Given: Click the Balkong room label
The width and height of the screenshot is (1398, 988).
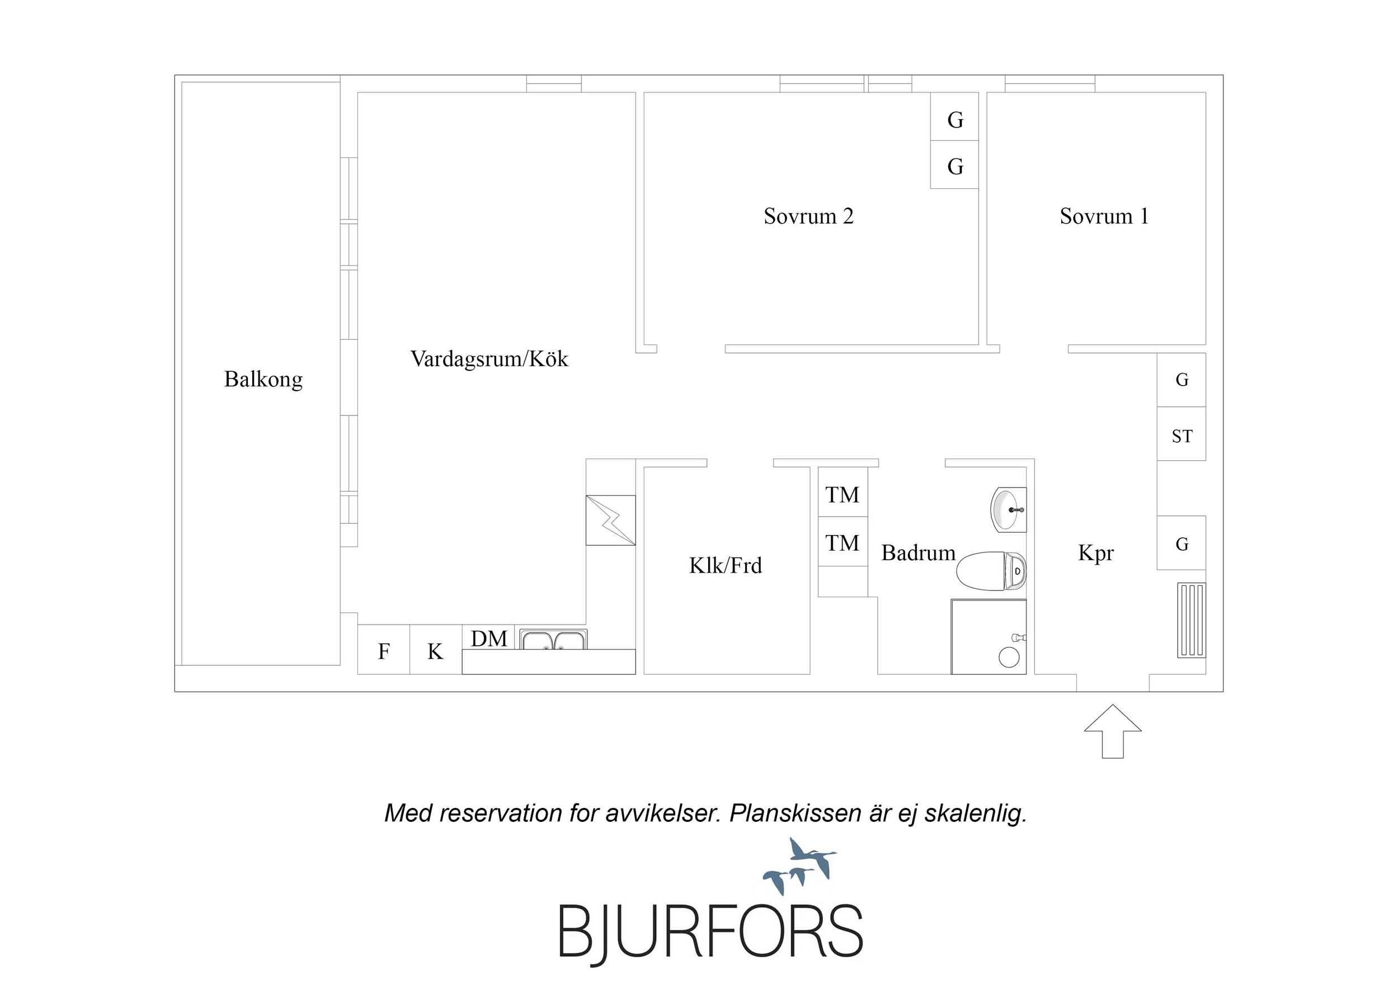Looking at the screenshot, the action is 263,380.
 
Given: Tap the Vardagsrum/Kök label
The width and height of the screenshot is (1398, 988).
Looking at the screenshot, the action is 489,359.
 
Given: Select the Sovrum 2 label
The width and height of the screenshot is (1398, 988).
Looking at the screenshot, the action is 808,216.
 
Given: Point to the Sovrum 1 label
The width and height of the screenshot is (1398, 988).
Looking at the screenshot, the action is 1104,216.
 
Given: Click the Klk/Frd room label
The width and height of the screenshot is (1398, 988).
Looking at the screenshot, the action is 725,565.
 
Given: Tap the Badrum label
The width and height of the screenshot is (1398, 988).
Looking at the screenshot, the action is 918,553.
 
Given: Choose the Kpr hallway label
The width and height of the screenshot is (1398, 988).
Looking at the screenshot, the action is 1096,554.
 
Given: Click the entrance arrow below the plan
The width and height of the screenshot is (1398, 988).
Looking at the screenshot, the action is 1113,731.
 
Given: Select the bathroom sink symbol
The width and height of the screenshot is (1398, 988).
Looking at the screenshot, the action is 1008,509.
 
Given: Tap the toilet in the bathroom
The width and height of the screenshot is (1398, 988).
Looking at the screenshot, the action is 991,571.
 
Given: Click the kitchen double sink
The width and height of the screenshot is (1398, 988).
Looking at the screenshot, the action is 553,639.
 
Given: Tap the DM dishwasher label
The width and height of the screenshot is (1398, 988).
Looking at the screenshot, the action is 489,639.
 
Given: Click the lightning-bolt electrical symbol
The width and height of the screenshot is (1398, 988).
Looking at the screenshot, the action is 611,521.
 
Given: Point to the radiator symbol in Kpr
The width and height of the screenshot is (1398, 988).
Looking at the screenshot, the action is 1192,620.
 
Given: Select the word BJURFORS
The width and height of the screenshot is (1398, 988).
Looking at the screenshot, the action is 710,932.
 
